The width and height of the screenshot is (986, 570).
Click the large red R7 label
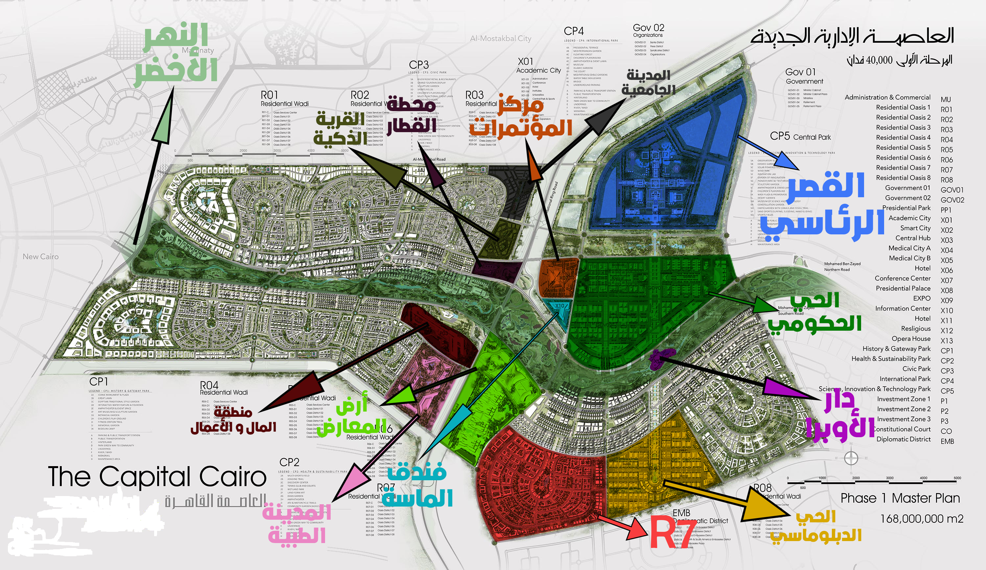(672, 533)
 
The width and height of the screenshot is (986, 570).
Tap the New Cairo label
(41, 257)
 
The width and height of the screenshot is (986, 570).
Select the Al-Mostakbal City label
(501, 38)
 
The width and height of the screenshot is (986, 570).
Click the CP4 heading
(574, 31)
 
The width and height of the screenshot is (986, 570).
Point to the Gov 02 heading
(648, 28)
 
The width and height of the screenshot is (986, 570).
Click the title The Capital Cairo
(157, 477)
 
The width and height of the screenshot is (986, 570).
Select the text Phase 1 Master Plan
(900, 498)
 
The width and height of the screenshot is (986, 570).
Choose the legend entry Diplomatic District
(903, 439)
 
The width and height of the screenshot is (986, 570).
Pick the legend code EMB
(947, 441)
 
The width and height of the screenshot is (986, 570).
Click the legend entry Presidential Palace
(903, 288)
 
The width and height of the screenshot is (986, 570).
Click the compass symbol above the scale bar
(851, 458)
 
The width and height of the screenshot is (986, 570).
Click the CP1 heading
(99, 381)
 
